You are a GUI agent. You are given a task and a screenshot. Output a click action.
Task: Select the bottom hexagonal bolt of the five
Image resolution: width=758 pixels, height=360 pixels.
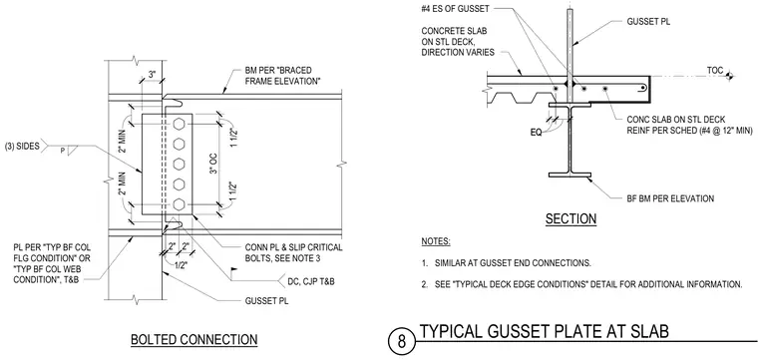[179, 204]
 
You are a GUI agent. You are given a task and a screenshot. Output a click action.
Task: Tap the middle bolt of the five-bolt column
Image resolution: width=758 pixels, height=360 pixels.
[179, 164]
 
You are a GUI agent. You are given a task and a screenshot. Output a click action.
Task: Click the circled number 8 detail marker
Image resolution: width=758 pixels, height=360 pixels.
[402, 342]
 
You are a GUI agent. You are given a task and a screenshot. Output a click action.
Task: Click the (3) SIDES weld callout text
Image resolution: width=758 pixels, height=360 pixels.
[22, 147]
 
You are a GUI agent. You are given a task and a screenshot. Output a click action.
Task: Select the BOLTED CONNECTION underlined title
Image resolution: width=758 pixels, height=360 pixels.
[193, 340]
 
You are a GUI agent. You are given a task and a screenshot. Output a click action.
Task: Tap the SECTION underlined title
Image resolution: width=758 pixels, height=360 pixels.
[570, 219]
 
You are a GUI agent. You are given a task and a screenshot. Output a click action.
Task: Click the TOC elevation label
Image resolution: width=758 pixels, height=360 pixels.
[714, 71]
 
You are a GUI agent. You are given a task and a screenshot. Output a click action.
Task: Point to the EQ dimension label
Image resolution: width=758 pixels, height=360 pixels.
[535, 131]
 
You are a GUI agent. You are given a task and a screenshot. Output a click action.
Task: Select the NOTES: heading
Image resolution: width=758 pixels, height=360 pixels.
[436, 241]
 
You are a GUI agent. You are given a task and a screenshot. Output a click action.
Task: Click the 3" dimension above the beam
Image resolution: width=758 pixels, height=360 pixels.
[152, 76]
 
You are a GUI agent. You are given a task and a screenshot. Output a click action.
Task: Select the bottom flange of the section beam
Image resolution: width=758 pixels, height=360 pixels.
[569, 175]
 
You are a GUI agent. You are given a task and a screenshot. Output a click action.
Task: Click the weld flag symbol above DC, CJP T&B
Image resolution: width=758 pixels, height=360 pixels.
[235, 269]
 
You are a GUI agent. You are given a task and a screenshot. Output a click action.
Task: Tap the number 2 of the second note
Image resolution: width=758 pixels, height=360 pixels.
[424, 284]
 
